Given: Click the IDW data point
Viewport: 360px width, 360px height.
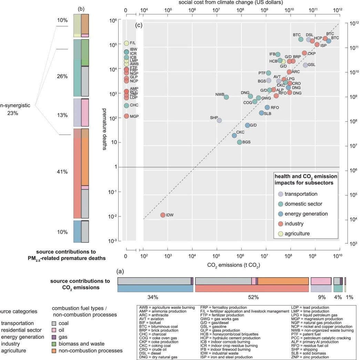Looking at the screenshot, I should coord(163,215).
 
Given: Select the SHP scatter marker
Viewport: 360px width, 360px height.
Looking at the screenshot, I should coord(219,120).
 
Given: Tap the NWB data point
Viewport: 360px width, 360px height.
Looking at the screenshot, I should coord(226,97).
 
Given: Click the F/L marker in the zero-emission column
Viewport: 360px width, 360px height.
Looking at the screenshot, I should coord(126,43).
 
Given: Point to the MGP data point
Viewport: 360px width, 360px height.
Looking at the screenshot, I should coord(126,116).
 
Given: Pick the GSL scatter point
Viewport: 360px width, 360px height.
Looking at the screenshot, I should coord(305,65).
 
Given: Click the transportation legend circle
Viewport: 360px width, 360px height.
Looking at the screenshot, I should coord(280,194).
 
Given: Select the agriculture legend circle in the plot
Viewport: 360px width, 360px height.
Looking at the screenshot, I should coord(280,234).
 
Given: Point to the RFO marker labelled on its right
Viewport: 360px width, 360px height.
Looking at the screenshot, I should coord(267,108).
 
